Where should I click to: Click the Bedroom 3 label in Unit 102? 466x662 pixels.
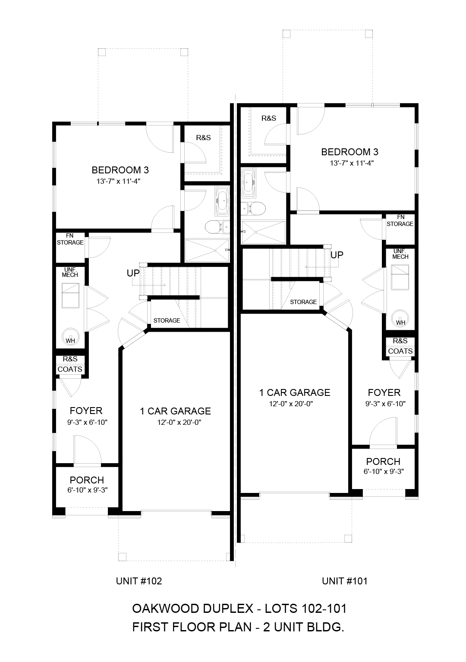[x=120, y=170]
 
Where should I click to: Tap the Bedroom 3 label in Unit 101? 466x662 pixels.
[x=349, y=152]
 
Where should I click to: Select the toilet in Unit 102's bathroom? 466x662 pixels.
[x=214, y=227]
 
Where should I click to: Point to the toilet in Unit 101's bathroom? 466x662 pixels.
[x=256, y=209]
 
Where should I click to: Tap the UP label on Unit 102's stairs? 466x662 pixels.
[x=133, y=273]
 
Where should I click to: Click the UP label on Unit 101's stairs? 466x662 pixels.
[x=337, y=255]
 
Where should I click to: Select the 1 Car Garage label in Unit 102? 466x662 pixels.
[x=175, y=411]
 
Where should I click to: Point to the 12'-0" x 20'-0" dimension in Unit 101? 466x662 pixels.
[x=291, y=404]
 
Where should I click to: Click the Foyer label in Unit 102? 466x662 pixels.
[x=86, y=411]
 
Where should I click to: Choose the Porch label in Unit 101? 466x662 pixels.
[x=383, y=461]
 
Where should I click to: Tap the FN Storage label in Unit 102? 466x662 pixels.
[x=70, y=239]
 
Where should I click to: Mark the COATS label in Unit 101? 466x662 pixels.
[x=400, y=351]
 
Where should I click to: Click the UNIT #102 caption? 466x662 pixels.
[x=139, y=581]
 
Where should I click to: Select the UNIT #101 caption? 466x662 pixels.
[x=345, y=581]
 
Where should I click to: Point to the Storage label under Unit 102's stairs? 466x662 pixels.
[x=167, y=320]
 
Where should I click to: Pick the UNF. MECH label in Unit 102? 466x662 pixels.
[x=70, y=272]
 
